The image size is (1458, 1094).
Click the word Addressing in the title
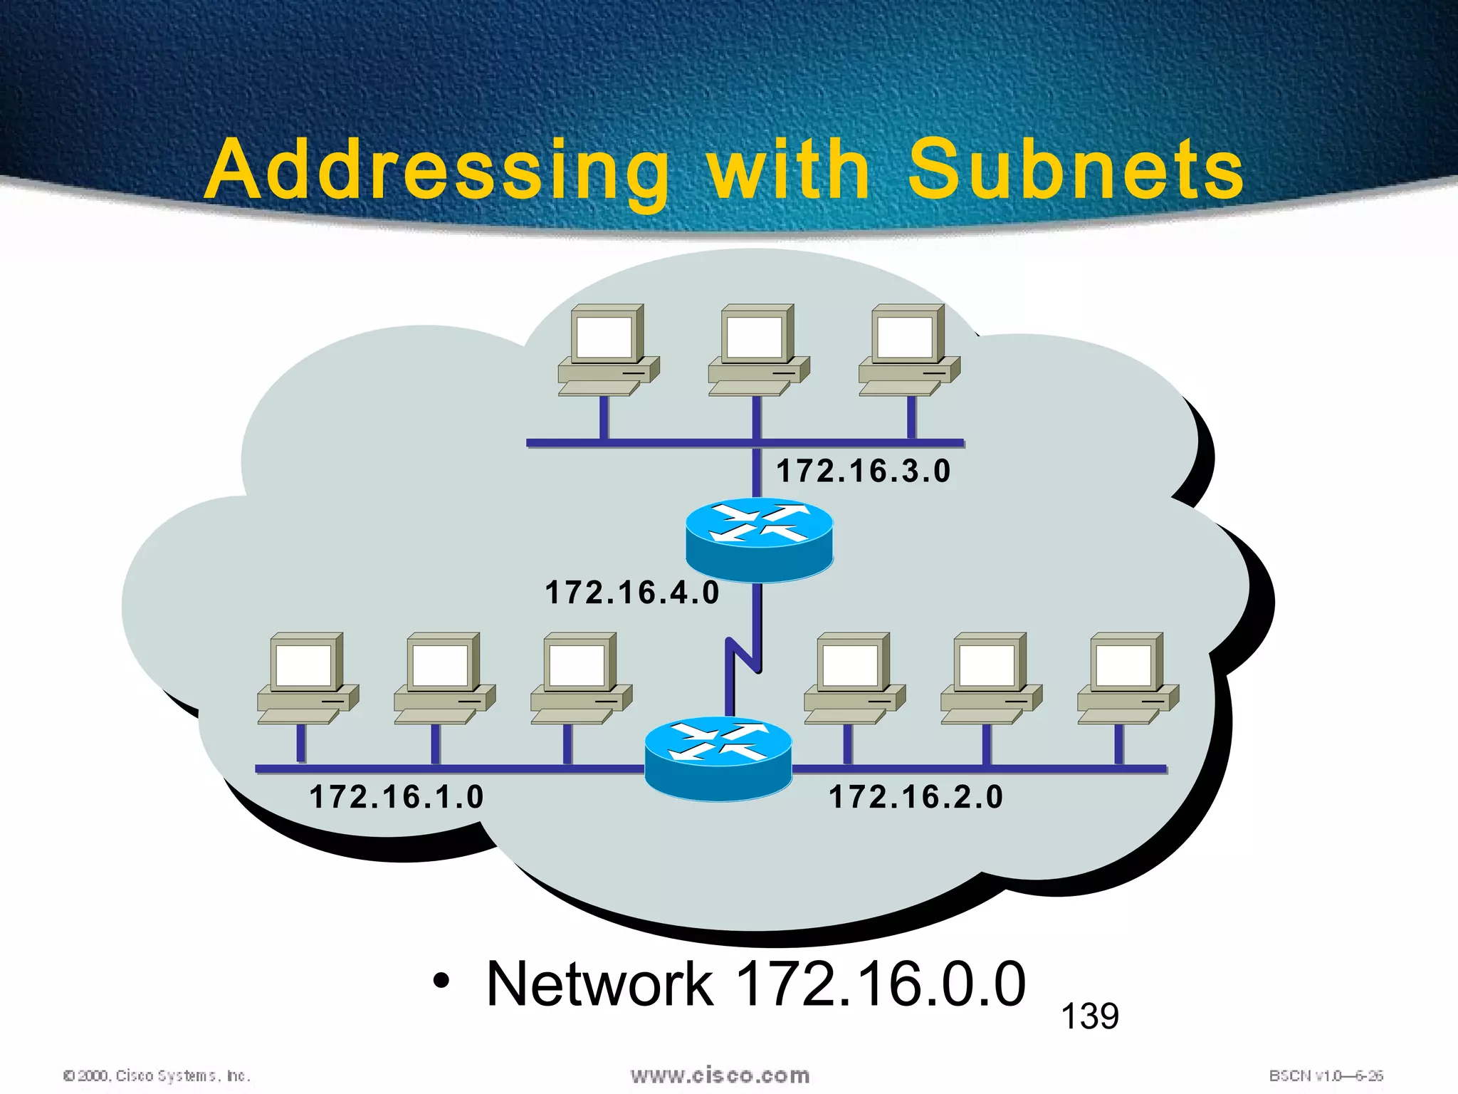(x=436, y=171)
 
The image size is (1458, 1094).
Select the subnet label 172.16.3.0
(x=863, y=472)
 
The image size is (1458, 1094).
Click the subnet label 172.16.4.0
(x=632, y=593)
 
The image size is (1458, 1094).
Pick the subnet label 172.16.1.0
(x=397, y=796)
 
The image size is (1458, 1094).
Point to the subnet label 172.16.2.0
(x=916, y=796)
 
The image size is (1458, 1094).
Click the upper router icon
(x=759, y=541)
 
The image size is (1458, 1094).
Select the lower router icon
(x=718, y=759)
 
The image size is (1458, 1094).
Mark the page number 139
(x=1089, y=1016)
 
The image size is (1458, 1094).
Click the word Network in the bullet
(x=599, y=984)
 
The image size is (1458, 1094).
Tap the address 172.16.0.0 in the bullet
(x=880, y=984)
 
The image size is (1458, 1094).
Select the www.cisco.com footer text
(x=720, y=1075)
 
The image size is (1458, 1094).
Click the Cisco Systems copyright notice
(x=157, y=1075)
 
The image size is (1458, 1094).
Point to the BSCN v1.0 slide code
(x=1326, y=1075)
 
